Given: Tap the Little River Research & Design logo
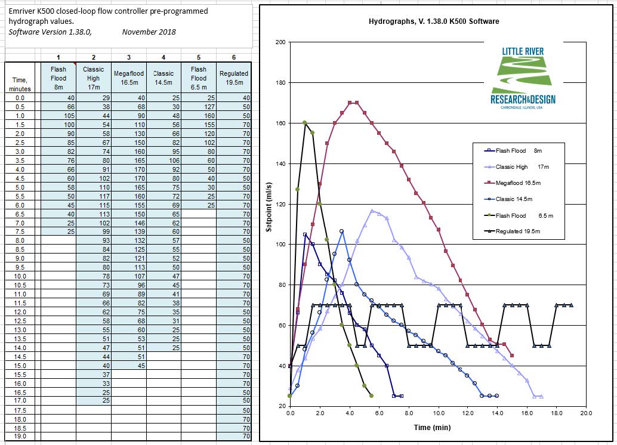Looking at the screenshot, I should point(523,75).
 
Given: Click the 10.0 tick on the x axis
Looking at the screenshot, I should point(438,413).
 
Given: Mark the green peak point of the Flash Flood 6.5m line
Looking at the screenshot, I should point(304,123).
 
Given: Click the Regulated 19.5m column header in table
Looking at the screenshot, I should point(234,78).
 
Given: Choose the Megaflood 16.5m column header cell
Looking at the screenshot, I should point(129,78).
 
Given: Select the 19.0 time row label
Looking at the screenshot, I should point(20,437).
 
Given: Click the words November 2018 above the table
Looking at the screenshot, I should point(149,32).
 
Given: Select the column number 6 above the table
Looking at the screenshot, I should point(234,57).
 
